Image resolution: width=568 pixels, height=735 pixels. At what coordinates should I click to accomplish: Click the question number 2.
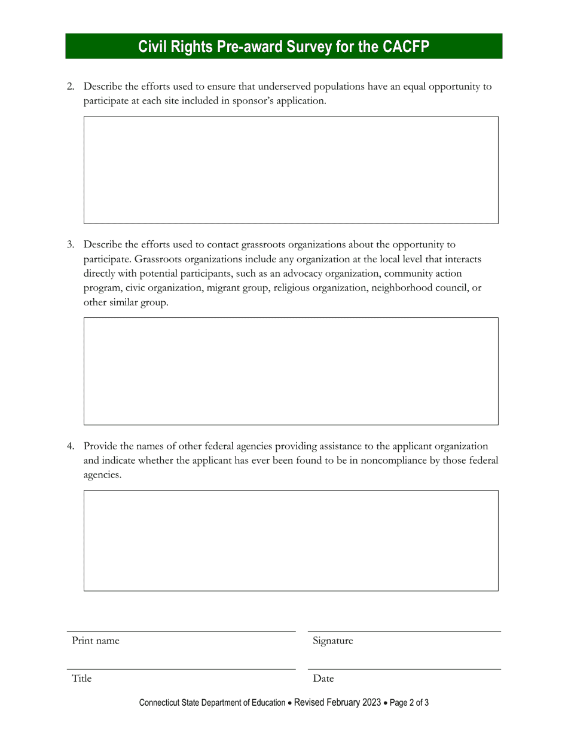click(71, 87)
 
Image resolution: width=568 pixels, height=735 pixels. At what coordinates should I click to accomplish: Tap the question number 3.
click(71, 244)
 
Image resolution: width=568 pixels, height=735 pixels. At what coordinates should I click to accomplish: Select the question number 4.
click(71, 446)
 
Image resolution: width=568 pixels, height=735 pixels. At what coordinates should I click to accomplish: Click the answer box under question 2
click(291, 170)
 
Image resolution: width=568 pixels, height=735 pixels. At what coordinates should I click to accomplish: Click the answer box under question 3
click(291, 371)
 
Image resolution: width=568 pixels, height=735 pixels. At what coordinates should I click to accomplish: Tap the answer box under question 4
click(291, 541)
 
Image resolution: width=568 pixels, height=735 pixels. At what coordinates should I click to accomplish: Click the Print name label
click(96, 641)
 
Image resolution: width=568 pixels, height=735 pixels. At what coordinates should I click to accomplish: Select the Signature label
click(332, 641)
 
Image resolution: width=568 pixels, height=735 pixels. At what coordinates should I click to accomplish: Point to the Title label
click(82, 678)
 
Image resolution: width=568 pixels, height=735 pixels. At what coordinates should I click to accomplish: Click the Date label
click(323, 678)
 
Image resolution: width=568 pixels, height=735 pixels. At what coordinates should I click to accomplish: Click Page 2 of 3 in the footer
click(410, 703)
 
